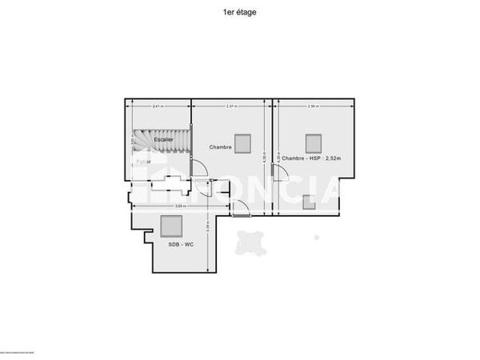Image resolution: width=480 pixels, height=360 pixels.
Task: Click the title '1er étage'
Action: (x=240, y=12)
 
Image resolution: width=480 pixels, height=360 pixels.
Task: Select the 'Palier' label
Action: (x=142, y=162)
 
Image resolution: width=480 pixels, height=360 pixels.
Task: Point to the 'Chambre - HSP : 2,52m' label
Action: (x=311, y=158)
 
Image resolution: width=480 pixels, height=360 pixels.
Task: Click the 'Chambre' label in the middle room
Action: (x=220, y=147)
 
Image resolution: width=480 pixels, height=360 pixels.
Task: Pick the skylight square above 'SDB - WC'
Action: (x=170, y=226)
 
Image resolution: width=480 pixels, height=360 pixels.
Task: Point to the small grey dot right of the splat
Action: (x=317, y=237)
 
